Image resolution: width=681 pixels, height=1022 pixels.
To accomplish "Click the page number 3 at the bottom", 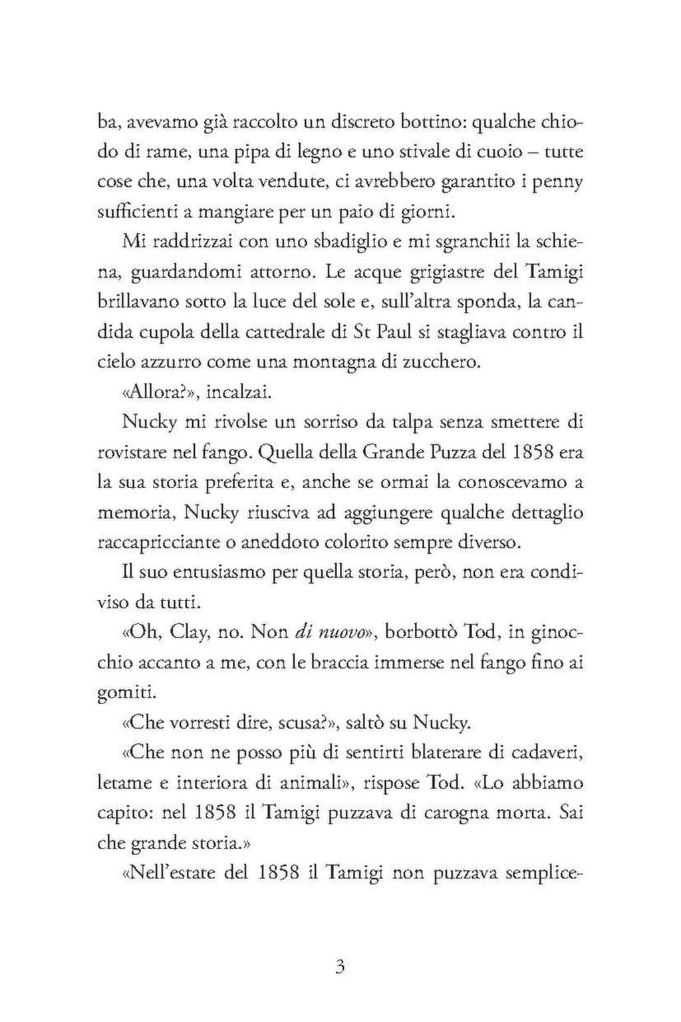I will pos(340,965).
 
